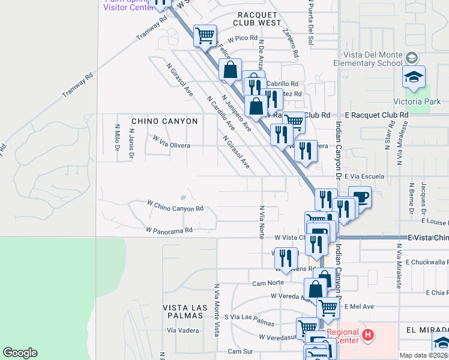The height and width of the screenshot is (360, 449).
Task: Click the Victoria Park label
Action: (x=425, y=101)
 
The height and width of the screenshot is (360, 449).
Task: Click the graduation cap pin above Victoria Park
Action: (x=414, y=77)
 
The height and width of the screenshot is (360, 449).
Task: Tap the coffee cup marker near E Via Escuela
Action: (x=360, y=197)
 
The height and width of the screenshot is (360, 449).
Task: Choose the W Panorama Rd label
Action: (x=169, y=229)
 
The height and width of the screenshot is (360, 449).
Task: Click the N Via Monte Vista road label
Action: (x=215, y=306)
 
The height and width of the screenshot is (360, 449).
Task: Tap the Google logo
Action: (x=20, y=353)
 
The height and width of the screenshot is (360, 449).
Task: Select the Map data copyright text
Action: (x=423, y=355)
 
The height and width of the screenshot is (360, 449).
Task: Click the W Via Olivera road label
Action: (x=171, y=142)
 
